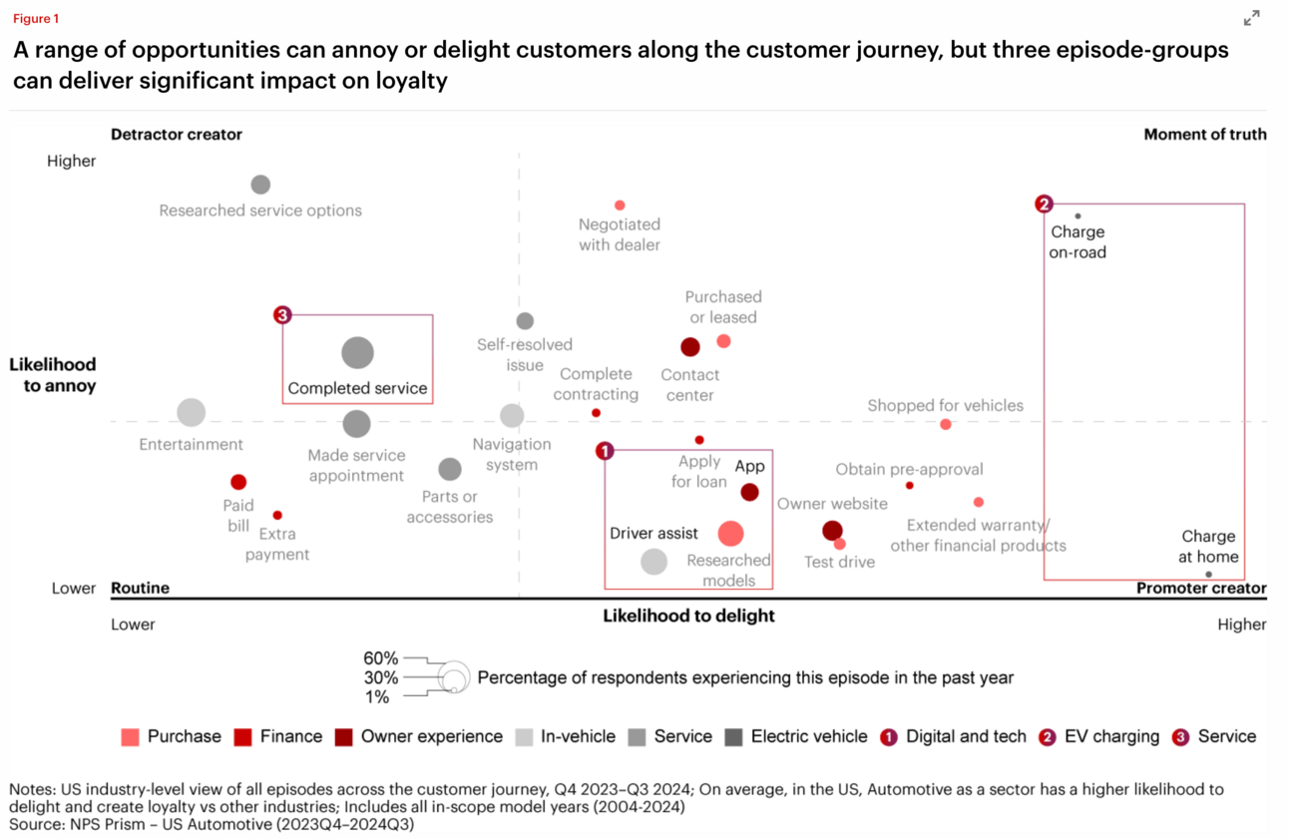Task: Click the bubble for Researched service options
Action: (x=260, y=185)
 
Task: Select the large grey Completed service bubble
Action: (x=357, y=352)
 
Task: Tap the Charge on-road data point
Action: (x=1077, y=216)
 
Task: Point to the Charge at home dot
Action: (x=1208, y=575)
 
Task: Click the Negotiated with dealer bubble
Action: (x=620, y=206)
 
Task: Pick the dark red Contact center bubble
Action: (x=690, y=347)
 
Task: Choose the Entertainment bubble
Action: (x=191, y=413)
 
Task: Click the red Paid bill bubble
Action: (x=238, y=482)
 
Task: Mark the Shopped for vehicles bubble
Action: (x=946, y=425)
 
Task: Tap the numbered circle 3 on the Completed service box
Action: (x=282, y=315)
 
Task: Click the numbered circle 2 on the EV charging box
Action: (x=1044, y=204)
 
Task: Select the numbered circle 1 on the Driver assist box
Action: (x=605, y=451)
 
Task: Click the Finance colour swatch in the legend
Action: (x=242, y=737)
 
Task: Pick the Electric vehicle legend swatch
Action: (x=733, y=737)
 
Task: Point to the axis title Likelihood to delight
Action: (x=688, y=616)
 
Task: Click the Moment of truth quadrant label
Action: (x=1205, y=134)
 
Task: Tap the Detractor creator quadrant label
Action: (x=176, y=134)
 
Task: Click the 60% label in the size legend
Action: (x=380, y=657)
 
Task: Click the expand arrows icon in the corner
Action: (x=1251, y=18)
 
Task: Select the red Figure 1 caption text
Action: (x=36, y=18)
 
